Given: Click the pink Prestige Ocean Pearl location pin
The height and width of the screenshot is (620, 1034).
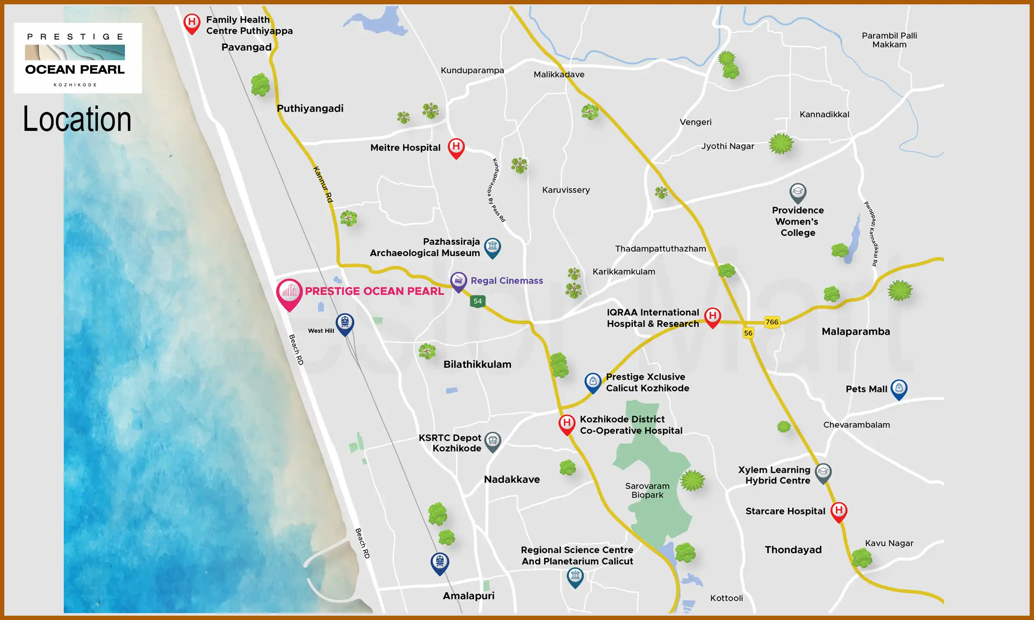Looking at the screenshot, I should click(x=289, y=293).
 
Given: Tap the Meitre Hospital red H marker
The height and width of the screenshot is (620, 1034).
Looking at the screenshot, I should click(x=456, y=147).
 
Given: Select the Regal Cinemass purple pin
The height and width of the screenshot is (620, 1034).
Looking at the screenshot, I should click(x=458, y=281).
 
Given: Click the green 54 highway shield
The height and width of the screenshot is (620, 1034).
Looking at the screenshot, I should click(x=477, y=301).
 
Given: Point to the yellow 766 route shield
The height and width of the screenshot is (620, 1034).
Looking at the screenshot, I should click(x=772, y=322).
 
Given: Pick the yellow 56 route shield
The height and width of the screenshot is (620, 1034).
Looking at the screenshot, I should click(x=748, y=333).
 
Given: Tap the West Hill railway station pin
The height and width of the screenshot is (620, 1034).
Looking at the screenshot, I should click(x=345, y=323).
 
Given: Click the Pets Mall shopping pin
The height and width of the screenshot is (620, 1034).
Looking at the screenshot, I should click(x=899, y=388).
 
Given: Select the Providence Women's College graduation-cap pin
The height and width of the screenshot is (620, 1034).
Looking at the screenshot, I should click(x=797, y=192).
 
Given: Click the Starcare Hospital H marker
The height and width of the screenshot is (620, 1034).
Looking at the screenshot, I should click(x=838, y=511).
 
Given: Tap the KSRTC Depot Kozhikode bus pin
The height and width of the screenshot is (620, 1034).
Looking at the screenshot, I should click(x=492, y=441).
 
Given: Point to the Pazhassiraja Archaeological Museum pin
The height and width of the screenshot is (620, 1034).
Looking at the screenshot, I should click(x=492, y=247).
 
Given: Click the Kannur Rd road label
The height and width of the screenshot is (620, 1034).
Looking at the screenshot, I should click(x=323, y=184).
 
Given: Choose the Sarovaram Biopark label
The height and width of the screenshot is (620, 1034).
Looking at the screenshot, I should click(x=647, y=490).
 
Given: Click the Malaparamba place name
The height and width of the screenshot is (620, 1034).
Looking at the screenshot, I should click(x=856, y=332).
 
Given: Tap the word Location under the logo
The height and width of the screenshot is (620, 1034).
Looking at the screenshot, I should click(x=77, y=119).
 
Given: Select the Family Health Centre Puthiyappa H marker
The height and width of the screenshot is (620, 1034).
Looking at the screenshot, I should click(x=192, y=22).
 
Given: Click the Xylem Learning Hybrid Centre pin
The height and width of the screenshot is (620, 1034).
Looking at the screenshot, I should click(x=823, y=472).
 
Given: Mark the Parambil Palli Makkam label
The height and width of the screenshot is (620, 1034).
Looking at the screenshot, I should click(x=889, y=40).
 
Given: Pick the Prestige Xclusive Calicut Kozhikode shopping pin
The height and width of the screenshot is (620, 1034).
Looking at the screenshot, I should click(x=593, y=382).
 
